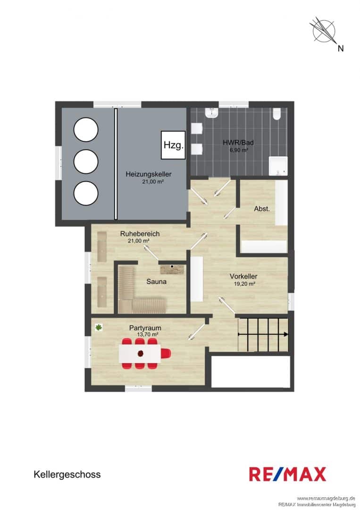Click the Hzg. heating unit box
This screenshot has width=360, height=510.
174,145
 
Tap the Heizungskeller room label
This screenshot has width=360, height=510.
149,174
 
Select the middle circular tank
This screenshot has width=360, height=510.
86,161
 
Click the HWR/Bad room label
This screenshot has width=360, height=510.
238,143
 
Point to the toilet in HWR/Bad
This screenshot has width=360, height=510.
276,114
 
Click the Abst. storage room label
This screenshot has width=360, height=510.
262,209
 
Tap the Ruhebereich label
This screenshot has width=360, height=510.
140,234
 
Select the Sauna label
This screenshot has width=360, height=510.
156,281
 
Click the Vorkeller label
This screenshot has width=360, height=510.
243,276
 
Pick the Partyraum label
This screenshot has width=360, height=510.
145,328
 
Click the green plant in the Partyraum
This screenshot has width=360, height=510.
98,328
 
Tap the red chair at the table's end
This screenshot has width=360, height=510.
167,353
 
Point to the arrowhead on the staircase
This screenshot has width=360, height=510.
285,334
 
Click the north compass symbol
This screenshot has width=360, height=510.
324,30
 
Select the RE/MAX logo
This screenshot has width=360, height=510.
287,474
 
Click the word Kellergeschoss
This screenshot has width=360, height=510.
67,475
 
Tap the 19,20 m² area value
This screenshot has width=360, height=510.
244,284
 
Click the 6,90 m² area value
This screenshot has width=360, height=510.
239,150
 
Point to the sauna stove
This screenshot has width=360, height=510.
172,269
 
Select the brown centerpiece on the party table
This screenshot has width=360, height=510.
140,353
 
